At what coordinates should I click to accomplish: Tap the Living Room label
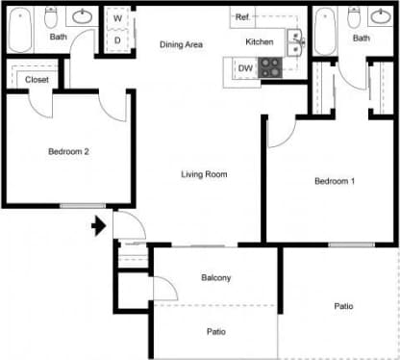[204, 174]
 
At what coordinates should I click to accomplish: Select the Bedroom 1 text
[335, 181]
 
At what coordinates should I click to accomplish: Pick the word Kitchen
[260, 42]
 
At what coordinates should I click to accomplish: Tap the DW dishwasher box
[245, 68]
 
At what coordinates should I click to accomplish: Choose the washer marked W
[117, 18]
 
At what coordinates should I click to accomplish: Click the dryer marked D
[117, 40]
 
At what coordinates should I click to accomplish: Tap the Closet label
[37, 79]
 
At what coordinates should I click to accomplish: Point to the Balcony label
[215, 278]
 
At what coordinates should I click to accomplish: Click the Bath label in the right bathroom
[361, 39]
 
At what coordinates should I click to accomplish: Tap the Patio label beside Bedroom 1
[342, 306]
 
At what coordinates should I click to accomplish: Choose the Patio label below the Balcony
[215, 332]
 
